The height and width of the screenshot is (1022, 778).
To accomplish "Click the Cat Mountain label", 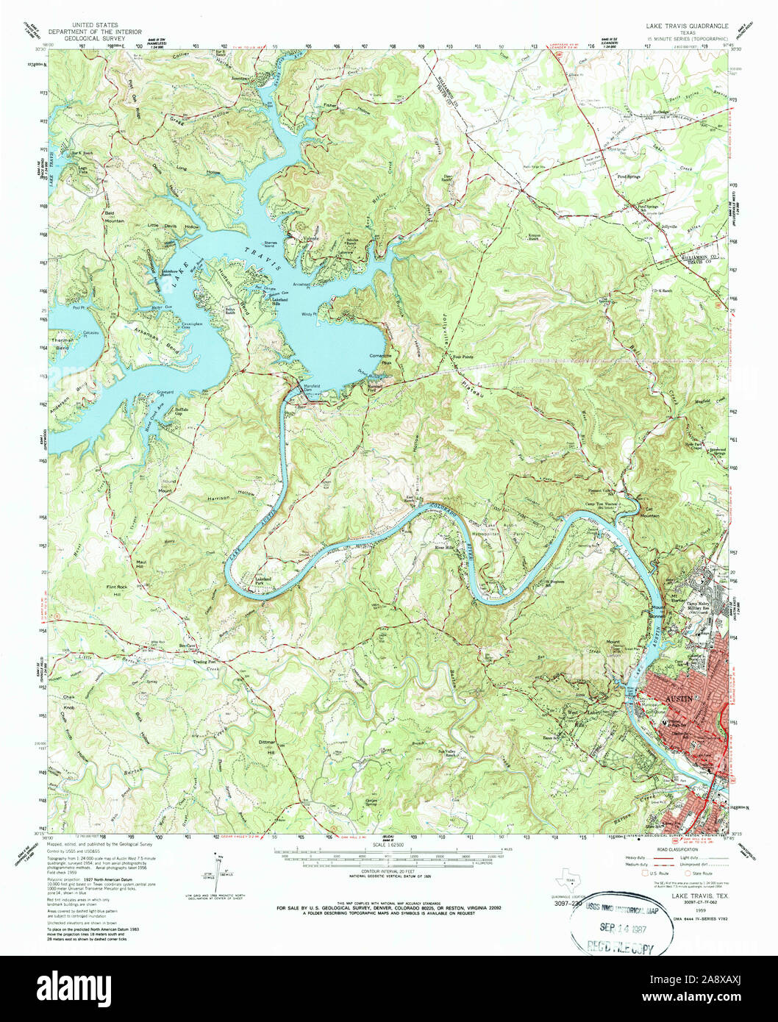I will click(x=649, y=513).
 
